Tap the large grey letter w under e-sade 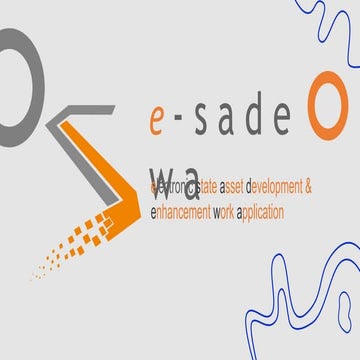[x=162, y=160]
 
